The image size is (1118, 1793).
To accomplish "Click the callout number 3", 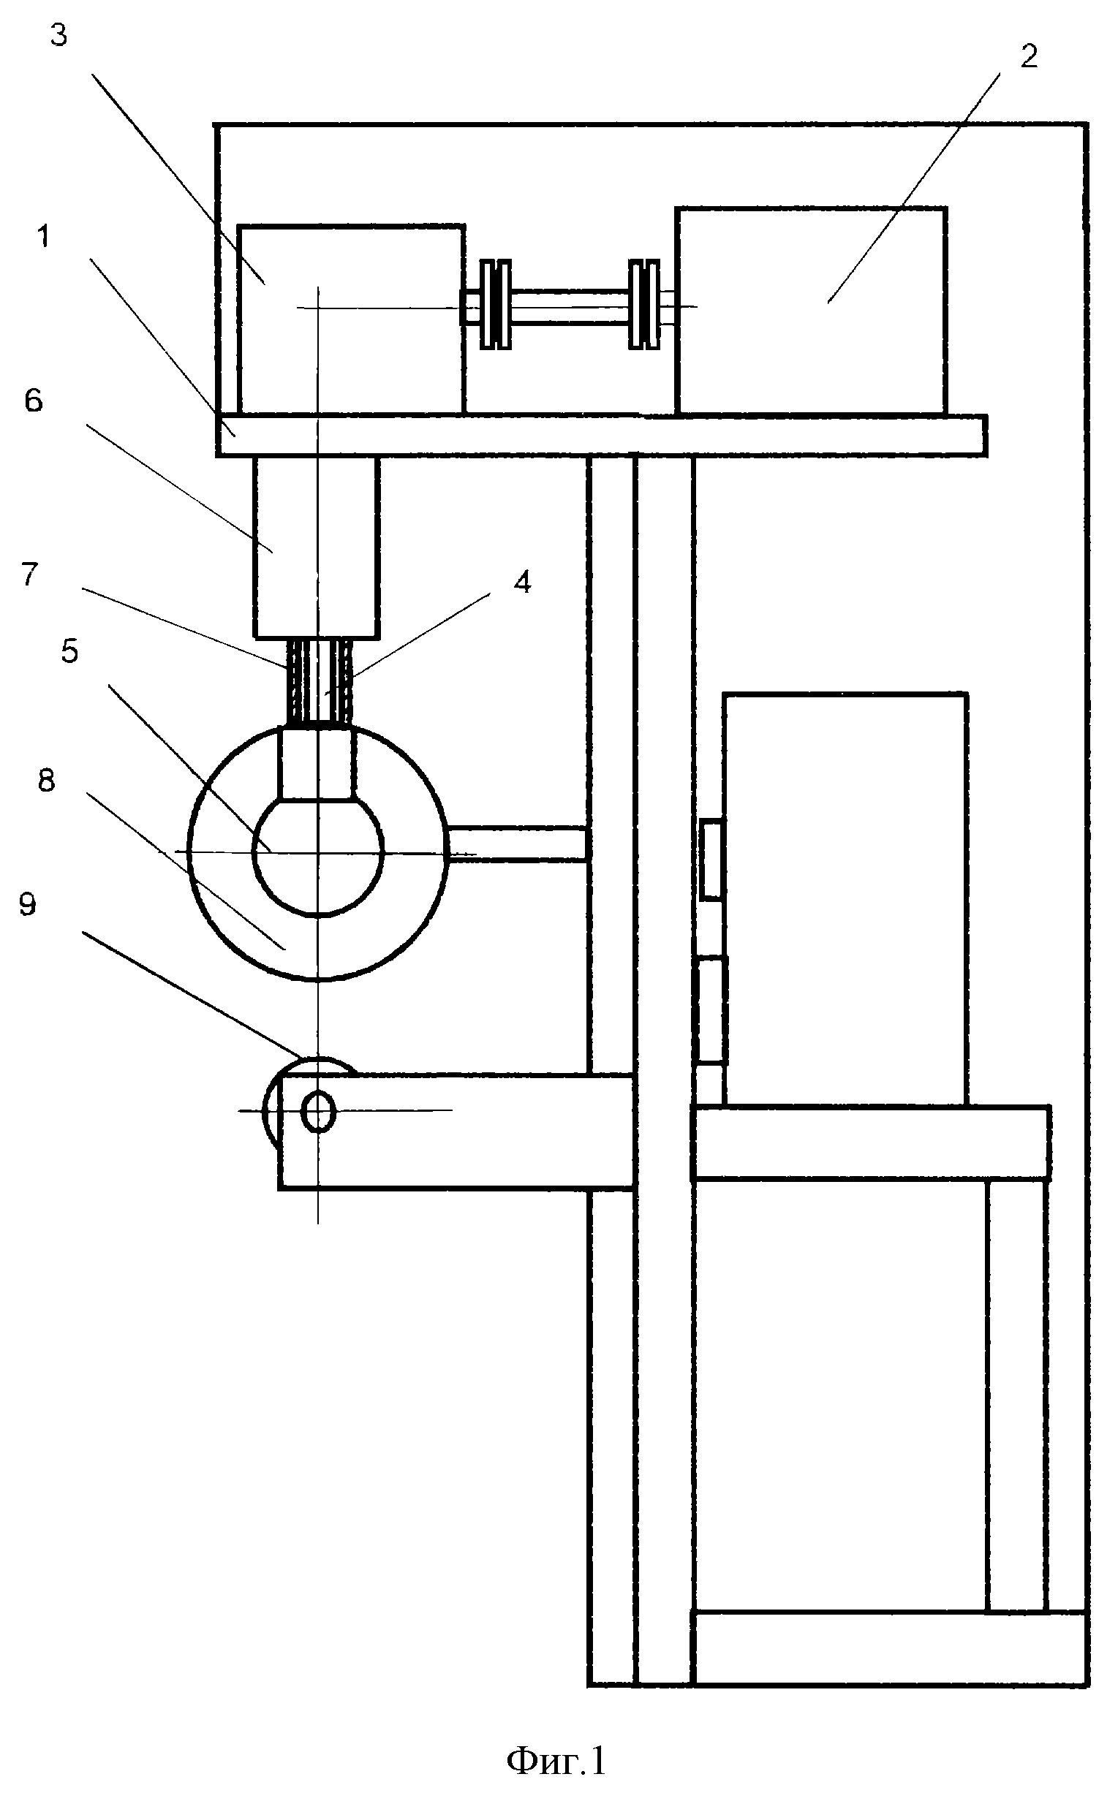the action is [x=58, y=35].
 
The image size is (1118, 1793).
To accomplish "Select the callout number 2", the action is [x=1029, y=57].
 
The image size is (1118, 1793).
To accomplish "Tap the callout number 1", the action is [x=45, y=238].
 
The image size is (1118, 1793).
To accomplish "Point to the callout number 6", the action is [x=34, y=401].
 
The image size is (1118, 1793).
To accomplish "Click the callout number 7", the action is [x=29, y=575].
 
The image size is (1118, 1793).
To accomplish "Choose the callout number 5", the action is [x=69, y=651].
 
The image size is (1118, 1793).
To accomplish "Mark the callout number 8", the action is [x=47, y=781].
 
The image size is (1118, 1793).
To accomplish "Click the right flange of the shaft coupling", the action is [x=644, y=304].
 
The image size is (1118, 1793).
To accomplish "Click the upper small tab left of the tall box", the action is [x=711, y=859].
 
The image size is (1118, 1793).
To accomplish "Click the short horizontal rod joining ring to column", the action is [x=518, y=844].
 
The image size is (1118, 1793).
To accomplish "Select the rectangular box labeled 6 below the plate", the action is [x=317, y=546].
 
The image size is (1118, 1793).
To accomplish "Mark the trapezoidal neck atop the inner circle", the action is [x=317, y=763].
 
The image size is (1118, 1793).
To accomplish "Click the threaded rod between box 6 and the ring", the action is [x=320, y=682].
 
